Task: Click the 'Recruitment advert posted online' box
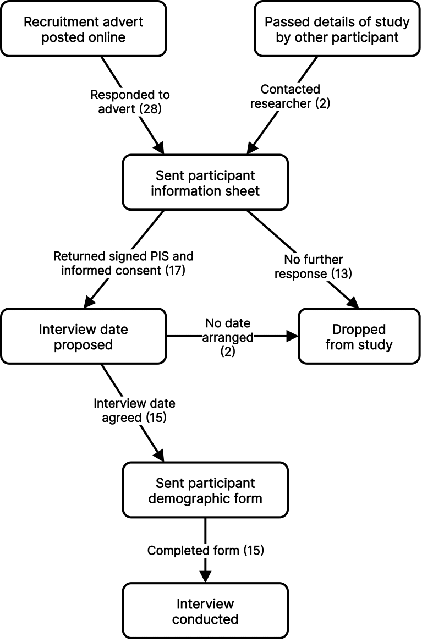click(83, 29)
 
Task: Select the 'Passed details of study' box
click(337, 29)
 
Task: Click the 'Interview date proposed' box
click(83, 337)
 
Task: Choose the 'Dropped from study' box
click(359, 337)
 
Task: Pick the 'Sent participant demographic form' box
click(205, 491)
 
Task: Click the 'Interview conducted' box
click(205, 611)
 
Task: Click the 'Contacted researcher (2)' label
click(290, 96)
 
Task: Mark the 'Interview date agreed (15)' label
click(134, 410)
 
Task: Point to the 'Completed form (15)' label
click(205, 550)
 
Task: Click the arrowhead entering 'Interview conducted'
click(205, 577)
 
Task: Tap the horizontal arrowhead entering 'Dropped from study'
click(292, 337)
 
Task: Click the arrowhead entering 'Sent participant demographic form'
click(158, 456)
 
